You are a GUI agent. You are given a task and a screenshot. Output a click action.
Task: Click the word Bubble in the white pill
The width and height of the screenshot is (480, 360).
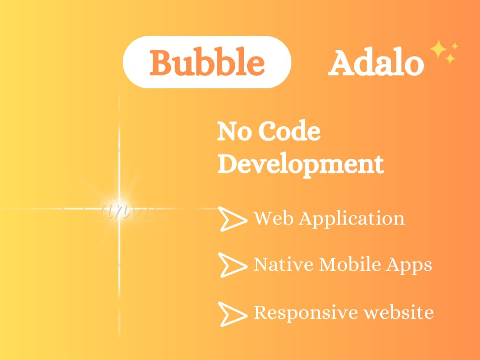(207, 62)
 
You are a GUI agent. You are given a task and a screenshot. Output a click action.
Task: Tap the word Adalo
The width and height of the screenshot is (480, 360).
(376, 62)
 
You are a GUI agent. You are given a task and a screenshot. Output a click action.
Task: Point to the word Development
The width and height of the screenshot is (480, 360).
(300, 164)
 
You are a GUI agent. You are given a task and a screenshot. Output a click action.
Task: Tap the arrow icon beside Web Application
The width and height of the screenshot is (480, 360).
(232, 219)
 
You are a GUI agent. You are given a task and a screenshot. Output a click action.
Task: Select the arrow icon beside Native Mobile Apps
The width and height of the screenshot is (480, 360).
(232, 264)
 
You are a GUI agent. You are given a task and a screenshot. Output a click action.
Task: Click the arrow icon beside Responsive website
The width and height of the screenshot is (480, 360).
(232, 313)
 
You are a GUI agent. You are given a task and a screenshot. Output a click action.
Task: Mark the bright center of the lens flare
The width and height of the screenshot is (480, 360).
(119, 208)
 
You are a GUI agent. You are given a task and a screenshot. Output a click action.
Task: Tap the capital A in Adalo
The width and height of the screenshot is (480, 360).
(340, 62)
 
